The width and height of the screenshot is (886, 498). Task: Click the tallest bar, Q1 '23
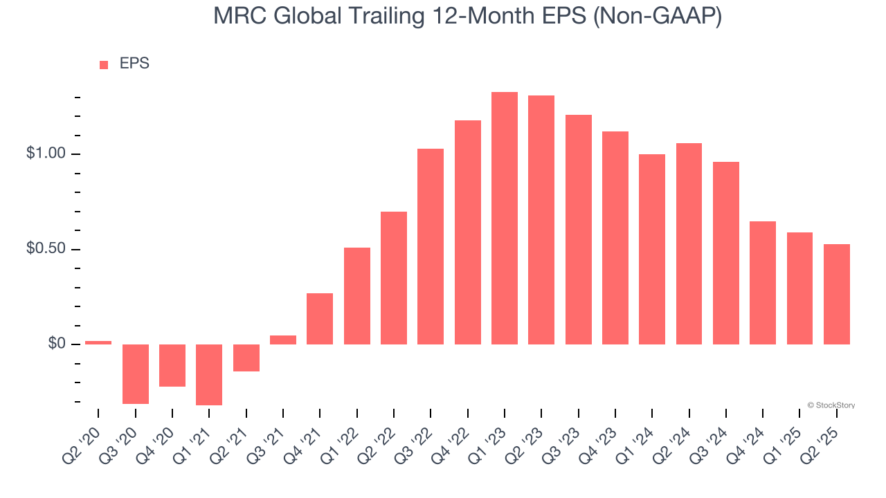[505, 218]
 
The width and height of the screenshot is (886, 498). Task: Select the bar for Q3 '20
[136, 373]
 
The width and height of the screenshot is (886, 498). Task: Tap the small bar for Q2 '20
[98, 342]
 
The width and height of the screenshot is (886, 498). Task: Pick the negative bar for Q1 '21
[209, 374]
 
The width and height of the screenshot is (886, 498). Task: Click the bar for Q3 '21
[283, 340]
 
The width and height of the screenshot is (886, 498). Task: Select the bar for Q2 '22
[394, 277]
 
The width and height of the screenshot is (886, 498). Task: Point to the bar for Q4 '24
[763, 282]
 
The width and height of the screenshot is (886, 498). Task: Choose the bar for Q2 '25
[837, 294]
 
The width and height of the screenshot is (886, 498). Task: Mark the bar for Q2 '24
[689, 243]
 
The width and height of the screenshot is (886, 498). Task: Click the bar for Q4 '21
[320, 318]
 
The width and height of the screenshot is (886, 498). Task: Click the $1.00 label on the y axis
[47, 154]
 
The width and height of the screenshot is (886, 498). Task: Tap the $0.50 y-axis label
[47, 249]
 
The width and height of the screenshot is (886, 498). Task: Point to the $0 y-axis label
[57, 344]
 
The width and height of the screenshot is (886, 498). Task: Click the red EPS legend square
[104, 65]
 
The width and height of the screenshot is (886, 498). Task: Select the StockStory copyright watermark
[831, 405]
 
